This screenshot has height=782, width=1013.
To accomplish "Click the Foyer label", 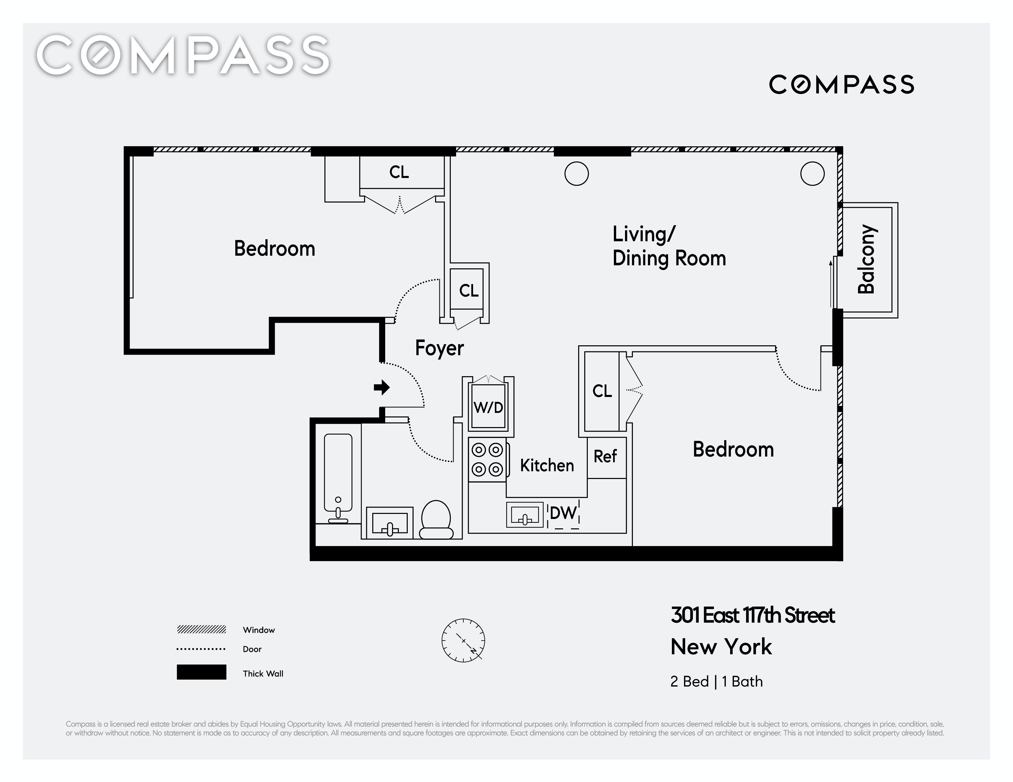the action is pyautogui.click(x=439, y=348).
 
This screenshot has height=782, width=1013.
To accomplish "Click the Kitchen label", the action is pyautogui.click(x=547, y=465).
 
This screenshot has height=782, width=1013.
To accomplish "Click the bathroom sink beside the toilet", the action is pyautogui.click(x=389, y=523).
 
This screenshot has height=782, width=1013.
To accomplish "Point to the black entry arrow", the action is pyautogui.click(x=382, y=387).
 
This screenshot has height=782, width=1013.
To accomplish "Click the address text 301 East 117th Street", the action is pyautogui.click(x=752, y=615).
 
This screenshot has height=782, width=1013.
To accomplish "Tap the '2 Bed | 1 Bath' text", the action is pyautogui.click(x=716, y=681).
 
